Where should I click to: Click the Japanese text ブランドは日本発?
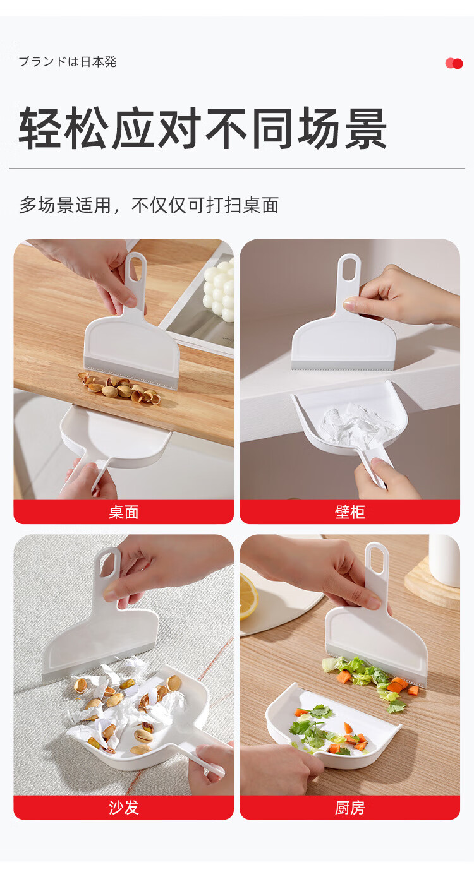click(x=68, y=61)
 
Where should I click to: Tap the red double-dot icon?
click(x=454, y=63)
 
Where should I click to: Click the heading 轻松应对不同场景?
click(x=202, y=128)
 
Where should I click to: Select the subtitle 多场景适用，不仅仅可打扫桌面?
click(x=149, y=205)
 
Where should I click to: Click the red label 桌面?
click(x=123, y=512)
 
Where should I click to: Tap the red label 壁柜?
click(x=349, y=512)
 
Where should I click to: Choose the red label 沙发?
click(x=123, y=808)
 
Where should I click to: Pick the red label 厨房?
click(x=349, y=808)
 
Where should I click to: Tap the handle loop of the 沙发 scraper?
click(x=108, y=565)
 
